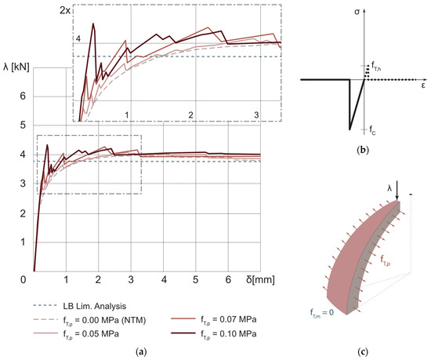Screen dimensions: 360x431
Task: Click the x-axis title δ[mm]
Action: pyautogui.click(x=249, y=280)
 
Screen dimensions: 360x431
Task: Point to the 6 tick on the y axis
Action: pyautogui.click(x=23, y=96)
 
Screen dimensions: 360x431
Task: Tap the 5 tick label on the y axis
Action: pyautogui.click(x=23, y=125)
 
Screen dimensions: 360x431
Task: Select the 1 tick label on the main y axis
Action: pyautogui.click(x=23, y=242)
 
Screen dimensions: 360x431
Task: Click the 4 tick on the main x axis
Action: pyautogui.click(x=164, y=279)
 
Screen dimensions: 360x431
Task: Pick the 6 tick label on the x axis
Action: pyautogui.click(x=228, y=279)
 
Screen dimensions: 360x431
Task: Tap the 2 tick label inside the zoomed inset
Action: pyautogui.click(x=191, y=115)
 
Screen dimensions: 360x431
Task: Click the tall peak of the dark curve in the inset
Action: pyautogui.click(x=93, y=24)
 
